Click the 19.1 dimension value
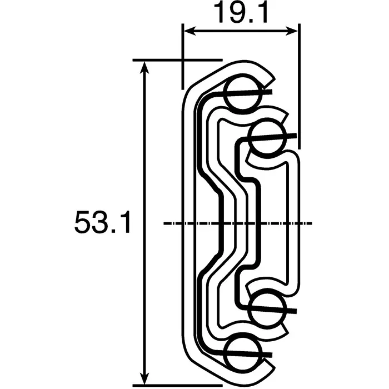coord(241,13)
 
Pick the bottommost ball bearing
coord(242,352)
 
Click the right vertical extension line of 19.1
coord(299,83)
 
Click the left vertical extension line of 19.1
coord(182,56)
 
